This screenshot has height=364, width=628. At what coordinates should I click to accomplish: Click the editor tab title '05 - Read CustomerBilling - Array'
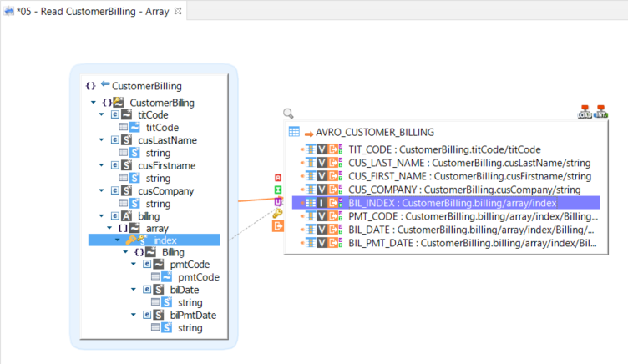point(94,11)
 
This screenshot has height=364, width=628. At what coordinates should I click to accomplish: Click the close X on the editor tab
point(177,11)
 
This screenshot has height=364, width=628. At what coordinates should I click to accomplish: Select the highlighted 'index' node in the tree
point(165,240)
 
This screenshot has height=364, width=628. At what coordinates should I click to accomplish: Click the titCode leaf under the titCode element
point(162,127)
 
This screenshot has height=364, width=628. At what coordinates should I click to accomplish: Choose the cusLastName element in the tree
point(167,140)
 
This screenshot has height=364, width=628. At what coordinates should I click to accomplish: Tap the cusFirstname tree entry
point(167,165)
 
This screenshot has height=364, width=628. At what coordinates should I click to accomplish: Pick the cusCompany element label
point(165,190)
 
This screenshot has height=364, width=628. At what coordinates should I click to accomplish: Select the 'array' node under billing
point(157,227)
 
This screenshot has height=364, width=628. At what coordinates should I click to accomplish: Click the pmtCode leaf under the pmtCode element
point(199,277)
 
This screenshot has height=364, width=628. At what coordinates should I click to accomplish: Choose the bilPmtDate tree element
point(193,316)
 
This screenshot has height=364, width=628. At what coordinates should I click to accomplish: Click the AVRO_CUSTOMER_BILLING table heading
point(375,132)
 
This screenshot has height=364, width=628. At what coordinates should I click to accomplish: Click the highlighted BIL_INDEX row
point(451,203)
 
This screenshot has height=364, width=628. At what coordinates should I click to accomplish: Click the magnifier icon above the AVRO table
point(289,114)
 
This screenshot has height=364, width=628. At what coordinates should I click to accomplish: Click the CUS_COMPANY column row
point(451,190)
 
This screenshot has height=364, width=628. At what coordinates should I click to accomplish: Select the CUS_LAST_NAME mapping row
point(451,163)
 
